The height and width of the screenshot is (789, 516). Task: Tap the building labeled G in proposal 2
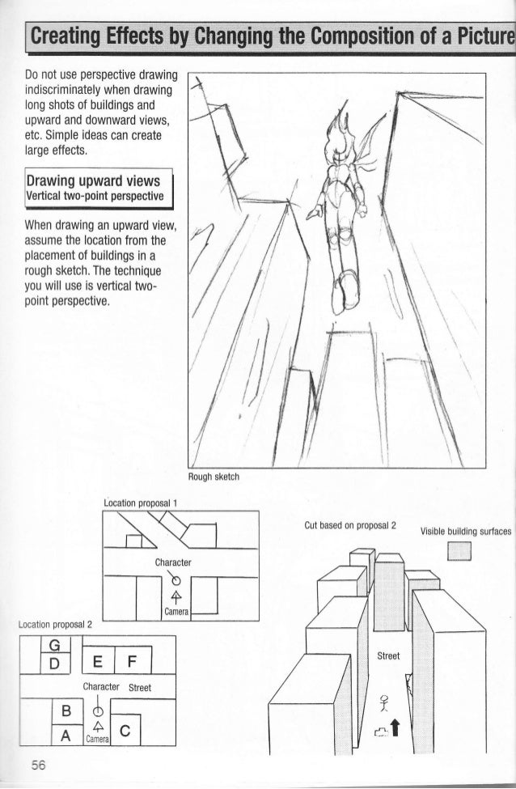click(x=55, y=645)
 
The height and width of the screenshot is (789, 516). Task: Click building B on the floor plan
click(x=66, y=712)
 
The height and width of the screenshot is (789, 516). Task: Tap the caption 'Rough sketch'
click(x=210, y=476)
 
